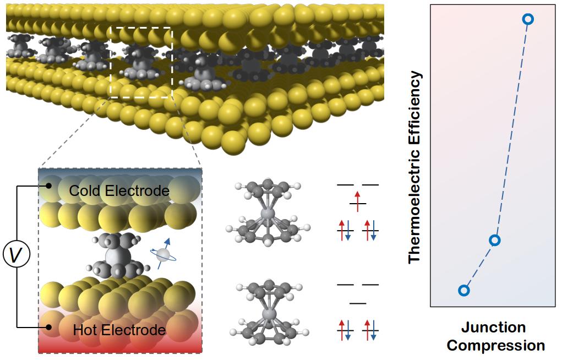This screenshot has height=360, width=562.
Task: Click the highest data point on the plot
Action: point(527,19)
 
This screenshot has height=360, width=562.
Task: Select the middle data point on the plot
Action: point(495,240)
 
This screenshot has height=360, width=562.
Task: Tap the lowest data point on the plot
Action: point(464,290)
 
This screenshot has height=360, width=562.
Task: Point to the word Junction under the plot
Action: point(493,328)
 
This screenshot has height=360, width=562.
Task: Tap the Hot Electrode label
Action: point(119,330)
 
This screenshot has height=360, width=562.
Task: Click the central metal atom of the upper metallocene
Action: point(268,212)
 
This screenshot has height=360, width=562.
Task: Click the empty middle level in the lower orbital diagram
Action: point(358,303)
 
